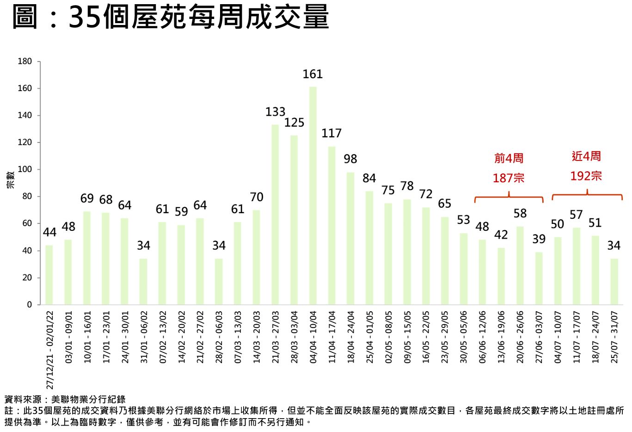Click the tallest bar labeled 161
[313, 195]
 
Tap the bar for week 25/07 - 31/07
[614, 281]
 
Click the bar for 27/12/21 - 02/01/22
[49, 275]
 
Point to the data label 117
[331, 133]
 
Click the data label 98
[350, 159]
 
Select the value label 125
[294, 123]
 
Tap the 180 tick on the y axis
[25, 62]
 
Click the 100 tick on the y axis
[25, 169]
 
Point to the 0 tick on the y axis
[30, 305]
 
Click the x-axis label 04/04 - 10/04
[313, 337]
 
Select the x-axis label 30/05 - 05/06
[464, 337]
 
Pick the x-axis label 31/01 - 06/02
[144, 337]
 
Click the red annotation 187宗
[509, 178]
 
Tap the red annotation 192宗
[586, 176]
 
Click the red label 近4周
[586, 156]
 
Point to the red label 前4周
[509, 158]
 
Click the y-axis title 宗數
[10, 180]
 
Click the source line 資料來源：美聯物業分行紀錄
[65, 399]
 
